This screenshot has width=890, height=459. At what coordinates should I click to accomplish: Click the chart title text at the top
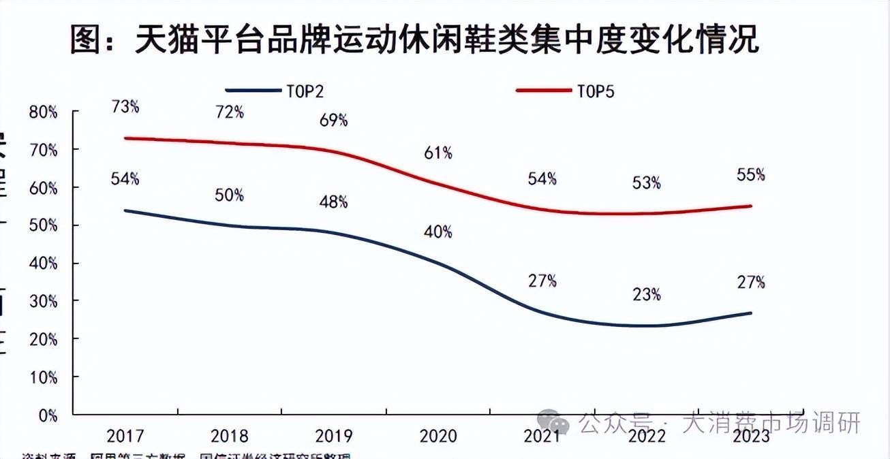click(x=414, y=39)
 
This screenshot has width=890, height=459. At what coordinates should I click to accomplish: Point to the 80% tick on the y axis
click(x=43, y=112)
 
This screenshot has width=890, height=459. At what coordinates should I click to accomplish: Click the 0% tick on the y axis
click(x=47, y=414)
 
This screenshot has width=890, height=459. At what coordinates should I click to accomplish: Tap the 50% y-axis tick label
click(x=43, y=225)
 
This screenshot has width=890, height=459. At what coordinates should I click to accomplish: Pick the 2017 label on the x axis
click(x=125, y=436)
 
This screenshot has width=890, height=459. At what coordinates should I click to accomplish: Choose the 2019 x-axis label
click(x=334, y=436)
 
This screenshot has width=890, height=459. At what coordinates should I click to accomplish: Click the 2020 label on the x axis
click(x=438, y=436)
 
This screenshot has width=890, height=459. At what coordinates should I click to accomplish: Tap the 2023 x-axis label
click(x=751, y=436)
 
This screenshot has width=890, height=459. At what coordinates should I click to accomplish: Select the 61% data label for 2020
click(x=438, y=153)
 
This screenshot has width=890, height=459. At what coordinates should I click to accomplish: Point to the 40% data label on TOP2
click(x=438, y=232)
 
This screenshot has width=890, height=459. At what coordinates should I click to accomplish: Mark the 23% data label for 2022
click(x=646, y=294)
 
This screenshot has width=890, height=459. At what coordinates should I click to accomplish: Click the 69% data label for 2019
click(x=333, y=121)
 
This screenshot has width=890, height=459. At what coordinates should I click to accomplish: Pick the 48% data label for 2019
click(x=333, y=202)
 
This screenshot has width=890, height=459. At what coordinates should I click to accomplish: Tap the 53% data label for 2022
click(x=646, y=183)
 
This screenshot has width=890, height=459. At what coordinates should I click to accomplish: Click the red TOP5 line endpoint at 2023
click(x=751, y=206)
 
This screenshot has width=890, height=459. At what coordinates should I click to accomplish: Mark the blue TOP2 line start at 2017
click(x=125, y=210)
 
